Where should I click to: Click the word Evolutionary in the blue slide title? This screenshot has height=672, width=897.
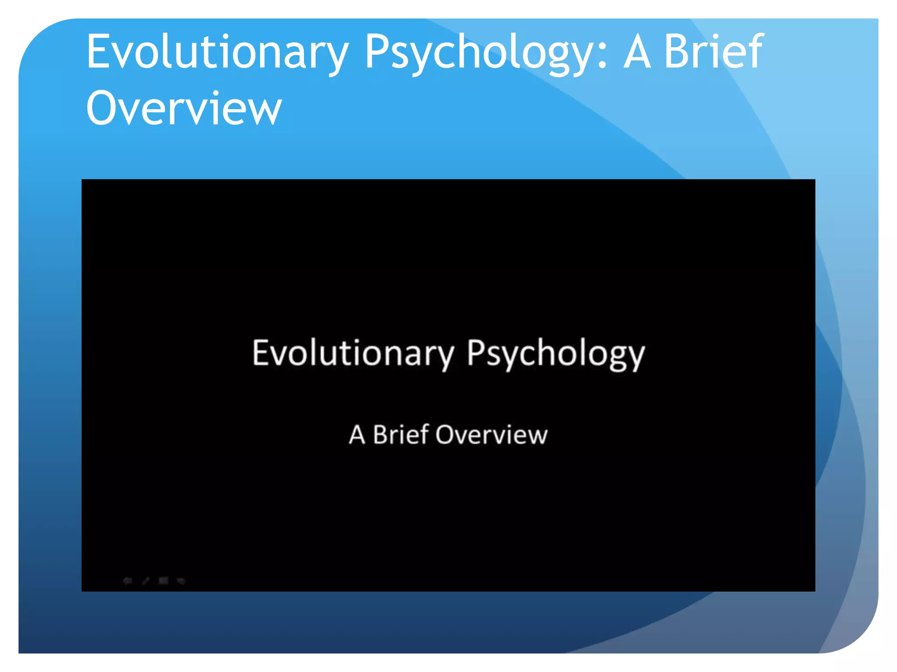coord(217,52)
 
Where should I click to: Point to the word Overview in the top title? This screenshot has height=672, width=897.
coord(184,108)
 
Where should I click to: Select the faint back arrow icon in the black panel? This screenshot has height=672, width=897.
coord(127,581)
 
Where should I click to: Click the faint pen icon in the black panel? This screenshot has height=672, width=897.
coord(146,581)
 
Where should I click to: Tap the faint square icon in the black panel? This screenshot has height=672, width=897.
coord(163,581)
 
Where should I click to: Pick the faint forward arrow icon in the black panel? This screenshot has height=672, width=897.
coord(181,581)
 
